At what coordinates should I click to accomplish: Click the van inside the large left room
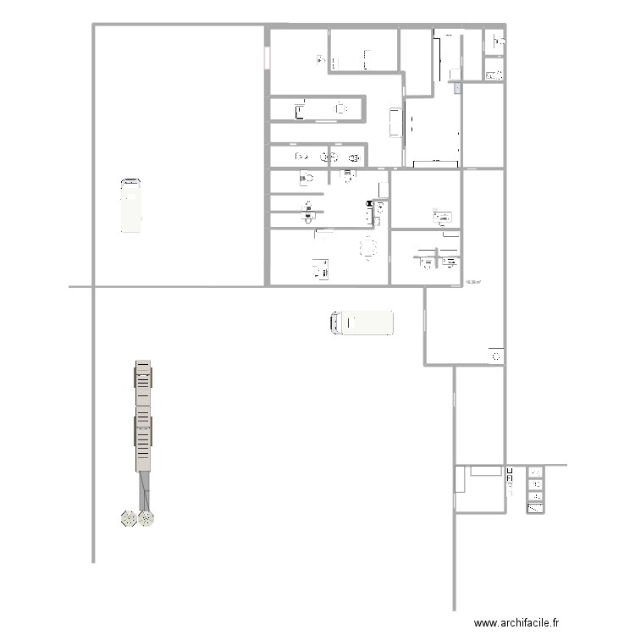[x=131, y=205]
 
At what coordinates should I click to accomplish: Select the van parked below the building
[x=362, y=323]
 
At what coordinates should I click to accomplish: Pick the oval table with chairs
[x=367, y=248]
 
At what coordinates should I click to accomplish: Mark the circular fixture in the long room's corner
[x=494, y=356]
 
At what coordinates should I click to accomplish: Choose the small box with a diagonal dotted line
[x=535, y=508]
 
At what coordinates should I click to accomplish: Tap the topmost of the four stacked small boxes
[x=535, y=472]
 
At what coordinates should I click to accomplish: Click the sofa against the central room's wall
[x=395, y=122]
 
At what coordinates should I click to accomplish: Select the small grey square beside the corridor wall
[x=457, y=86]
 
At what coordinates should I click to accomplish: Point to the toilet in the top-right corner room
[x=494, y=39]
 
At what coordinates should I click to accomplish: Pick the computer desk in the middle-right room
[x=443, y=218]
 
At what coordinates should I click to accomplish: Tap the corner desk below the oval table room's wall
[x=320, y=269]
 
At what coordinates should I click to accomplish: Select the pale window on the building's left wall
[x=268, y=58]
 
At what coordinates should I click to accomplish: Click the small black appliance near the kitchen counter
[x=368, y=203]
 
